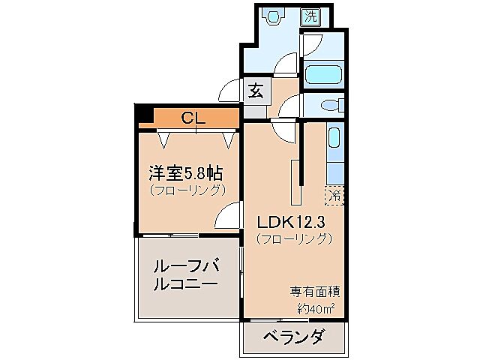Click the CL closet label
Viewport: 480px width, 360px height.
[x=193, y=117]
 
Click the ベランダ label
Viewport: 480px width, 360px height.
[x=294, y=338]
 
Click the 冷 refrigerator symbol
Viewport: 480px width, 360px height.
[x=334, y=195]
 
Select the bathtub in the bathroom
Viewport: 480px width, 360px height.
[x=324, y=75]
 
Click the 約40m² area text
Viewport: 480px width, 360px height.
[x=315, y=308]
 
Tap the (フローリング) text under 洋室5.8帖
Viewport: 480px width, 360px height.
[x=187, y=190]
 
